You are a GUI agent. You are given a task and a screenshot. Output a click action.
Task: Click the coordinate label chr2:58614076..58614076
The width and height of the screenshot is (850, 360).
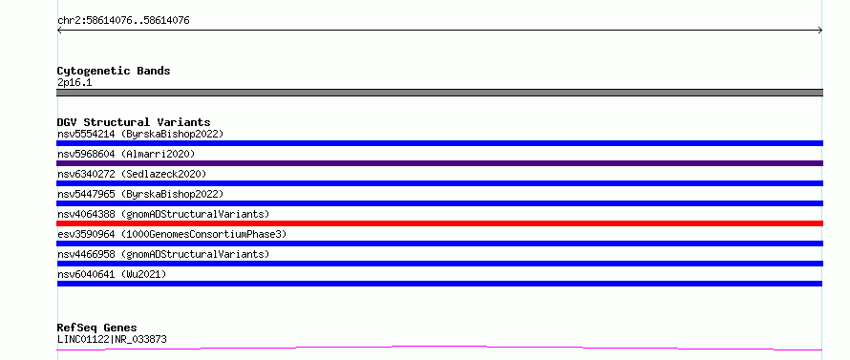click(123, 21)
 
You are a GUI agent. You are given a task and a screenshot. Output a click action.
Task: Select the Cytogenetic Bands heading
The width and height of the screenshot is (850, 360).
click(114, 71)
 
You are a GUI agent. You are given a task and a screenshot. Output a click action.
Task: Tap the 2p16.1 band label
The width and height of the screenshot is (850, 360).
click(74, 82)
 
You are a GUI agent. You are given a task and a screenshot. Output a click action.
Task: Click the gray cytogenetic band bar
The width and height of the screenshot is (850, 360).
click(439, 93)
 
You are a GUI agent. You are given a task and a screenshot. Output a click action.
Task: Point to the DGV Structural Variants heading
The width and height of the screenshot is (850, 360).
click(134, 122)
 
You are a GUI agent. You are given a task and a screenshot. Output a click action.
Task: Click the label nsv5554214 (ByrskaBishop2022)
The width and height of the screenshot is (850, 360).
click(140, 134)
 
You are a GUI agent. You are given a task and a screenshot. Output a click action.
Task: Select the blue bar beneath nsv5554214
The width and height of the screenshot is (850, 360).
click(439, 143)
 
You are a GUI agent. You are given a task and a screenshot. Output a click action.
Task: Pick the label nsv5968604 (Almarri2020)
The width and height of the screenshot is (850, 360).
click(126, 154)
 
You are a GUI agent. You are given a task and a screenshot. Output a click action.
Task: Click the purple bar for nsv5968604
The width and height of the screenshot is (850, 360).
click(439, 163)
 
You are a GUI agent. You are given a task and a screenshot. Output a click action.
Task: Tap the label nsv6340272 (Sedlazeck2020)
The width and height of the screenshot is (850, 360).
click(132, 174)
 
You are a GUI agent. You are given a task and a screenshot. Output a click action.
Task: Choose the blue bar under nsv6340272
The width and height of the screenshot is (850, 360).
click(439, 183)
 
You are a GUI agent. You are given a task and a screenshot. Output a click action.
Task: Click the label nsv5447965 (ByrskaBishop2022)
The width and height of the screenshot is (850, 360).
click(140, 194)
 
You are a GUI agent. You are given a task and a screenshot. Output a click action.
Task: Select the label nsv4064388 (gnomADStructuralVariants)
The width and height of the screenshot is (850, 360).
click(163, 214)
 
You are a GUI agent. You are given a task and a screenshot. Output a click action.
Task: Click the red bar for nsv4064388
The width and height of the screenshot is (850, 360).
click(439, 223)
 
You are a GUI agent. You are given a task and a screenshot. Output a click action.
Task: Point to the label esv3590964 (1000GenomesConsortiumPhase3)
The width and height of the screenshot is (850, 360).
click(172, 234)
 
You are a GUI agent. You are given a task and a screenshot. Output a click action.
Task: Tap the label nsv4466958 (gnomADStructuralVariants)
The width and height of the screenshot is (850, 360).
click(163, 254)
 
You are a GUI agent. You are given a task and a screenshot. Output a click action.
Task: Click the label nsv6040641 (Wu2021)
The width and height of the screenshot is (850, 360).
click(112, 274)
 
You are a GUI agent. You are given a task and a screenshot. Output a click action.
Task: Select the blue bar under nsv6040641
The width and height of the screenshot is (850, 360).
click(439, 284)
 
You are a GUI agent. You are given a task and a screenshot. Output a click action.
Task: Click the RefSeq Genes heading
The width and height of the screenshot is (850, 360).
click(97, 328)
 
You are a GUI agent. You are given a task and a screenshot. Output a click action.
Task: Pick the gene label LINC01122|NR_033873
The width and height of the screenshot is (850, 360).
click(112, 339)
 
